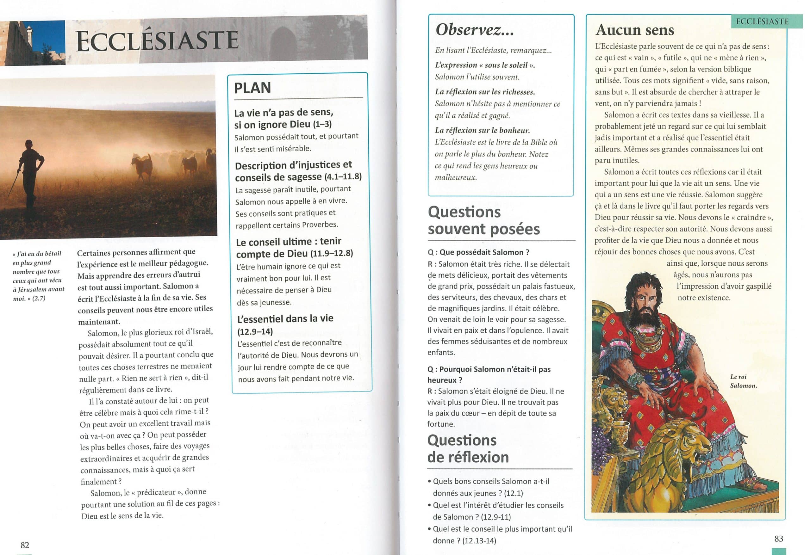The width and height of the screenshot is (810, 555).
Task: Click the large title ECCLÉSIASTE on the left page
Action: click(157, 41)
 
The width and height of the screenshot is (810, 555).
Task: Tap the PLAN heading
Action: click(252, 88)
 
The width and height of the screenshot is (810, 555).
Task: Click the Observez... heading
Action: click(474, 30)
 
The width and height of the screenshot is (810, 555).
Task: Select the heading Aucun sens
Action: click(635, 30)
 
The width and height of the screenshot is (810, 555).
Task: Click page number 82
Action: click(25, 545)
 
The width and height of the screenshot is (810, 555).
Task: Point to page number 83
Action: click(779, 539)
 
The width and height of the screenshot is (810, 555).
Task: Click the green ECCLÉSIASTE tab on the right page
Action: click(762, 22)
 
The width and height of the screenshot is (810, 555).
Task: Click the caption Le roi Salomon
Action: click(743, 381)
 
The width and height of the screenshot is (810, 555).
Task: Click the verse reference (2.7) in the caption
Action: click(39, 298)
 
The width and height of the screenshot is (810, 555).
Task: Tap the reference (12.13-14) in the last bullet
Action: click(479, 540)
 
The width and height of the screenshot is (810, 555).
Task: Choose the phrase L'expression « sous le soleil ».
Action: click(485, 65)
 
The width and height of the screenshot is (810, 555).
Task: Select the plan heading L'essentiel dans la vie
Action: click(285, 318)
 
